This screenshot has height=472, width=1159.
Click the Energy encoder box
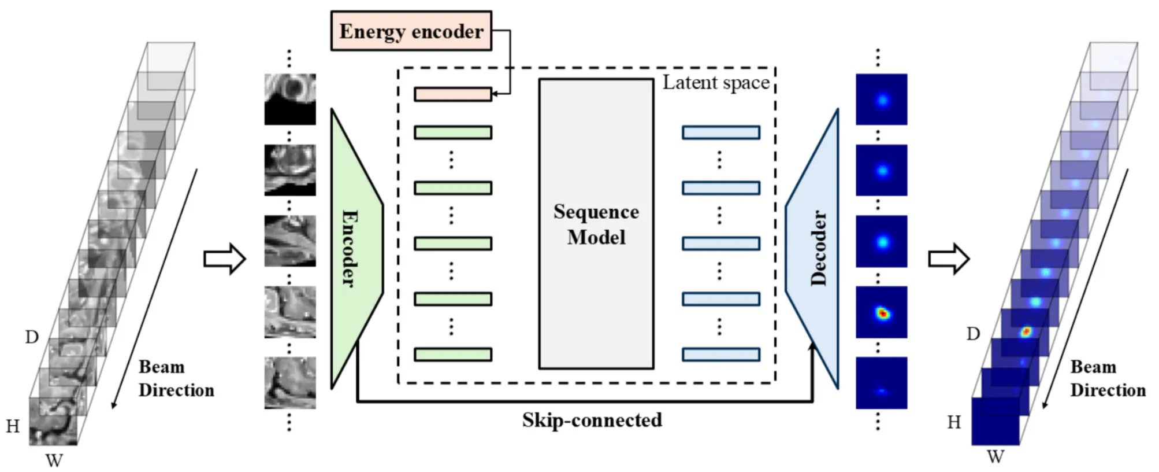coord(411,31)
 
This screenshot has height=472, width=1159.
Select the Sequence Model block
coord(596,224)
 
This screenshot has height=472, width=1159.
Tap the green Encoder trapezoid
coord(352,249)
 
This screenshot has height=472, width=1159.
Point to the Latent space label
coord(715,83)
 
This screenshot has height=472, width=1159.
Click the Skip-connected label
coord(592,420)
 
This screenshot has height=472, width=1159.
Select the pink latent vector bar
coord(452,94)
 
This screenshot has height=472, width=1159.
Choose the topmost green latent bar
coord(452,132)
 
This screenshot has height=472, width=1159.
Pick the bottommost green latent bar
coord(452,355)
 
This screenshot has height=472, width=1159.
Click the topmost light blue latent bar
coord(720,132)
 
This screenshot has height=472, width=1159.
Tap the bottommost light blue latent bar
coord(720,355)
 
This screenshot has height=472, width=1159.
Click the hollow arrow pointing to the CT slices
coord(225,258)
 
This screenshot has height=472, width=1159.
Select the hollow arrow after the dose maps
coord(948,258)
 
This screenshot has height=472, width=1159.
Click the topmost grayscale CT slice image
coord(290,99)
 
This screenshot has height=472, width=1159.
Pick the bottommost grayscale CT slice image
coord(290,382)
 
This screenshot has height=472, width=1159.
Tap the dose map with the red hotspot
coord(881,312)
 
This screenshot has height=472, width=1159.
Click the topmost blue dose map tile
coord(881,99)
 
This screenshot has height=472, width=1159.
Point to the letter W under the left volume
coord(54,460)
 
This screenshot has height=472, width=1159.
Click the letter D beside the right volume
coord(973,334)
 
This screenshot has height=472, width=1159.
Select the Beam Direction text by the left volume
coord(176,378)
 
